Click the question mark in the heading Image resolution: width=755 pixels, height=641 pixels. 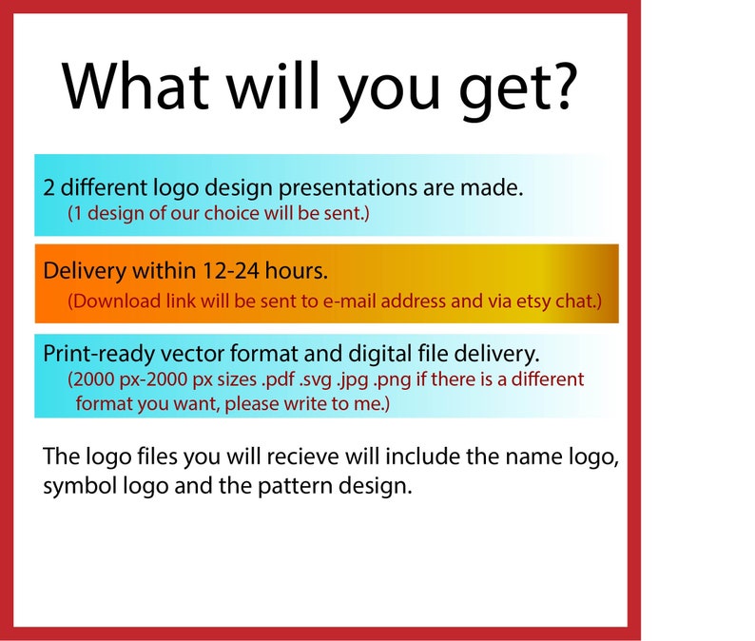tap(563, 86)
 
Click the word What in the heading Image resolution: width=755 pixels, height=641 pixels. tap(135, 87)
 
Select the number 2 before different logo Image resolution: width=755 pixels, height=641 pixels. tap(48, 187)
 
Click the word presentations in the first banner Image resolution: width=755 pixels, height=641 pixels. tap(348, 188)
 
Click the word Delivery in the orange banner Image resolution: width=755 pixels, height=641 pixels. tap(85, 272)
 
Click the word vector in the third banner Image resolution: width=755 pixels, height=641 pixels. tap(192, 354)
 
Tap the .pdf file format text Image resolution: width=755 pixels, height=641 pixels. tap(278, 380)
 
